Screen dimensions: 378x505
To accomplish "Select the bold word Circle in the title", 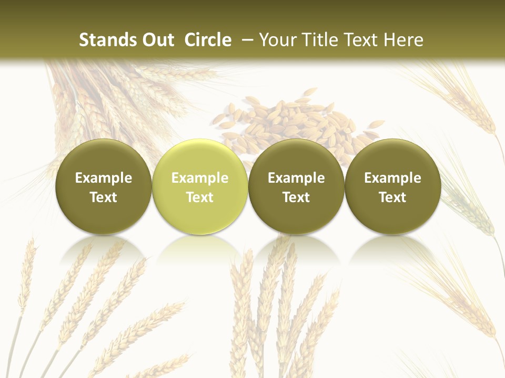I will (x=208, y=40).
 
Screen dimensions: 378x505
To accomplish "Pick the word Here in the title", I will (x=403, y=40).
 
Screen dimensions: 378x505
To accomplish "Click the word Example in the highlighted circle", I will (x=200, y=178).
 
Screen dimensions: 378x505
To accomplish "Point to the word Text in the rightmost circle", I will (x=393, y=197).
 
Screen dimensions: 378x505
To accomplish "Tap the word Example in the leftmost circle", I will (x=104, y=178).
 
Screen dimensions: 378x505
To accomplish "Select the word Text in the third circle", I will (x=296, y=197).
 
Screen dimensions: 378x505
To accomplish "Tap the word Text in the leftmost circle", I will (x=104, y=197).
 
